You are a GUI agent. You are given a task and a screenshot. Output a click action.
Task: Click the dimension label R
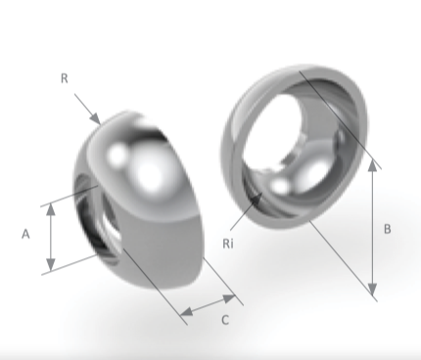coord(65,78)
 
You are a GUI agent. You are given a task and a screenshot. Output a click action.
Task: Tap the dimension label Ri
coord(228,244)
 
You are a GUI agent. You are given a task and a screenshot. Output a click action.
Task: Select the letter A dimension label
coord(25,234)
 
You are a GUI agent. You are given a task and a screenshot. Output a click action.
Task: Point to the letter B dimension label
coord(387,229)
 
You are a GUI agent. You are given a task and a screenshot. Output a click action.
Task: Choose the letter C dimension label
coord(225,320)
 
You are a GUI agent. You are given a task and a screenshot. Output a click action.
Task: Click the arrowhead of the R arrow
coord(96,119)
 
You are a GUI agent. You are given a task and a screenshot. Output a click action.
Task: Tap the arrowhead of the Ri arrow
coord(257,199)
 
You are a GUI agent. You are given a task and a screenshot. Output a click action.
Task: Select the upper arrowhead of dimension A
coord(51,209)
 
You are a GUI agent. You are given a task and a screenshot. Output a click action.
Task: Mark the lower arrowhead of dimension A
coord(51,265)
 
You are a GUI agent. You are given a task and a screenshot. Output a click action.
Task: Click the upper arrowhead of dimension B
coord(373,165)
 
